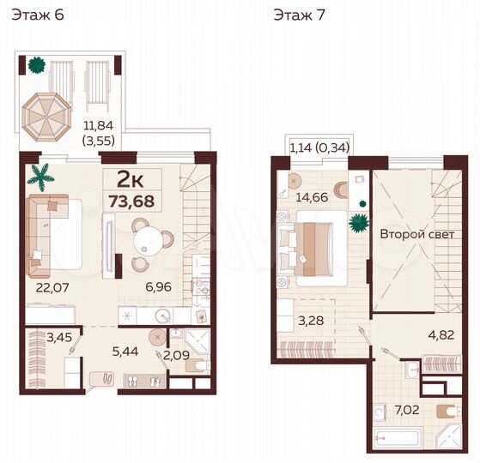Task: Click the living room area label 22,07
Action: tap(39, 289)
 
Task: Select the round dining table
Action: tap(148, 234)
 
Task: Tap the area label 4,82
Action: tap(441, 336)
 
